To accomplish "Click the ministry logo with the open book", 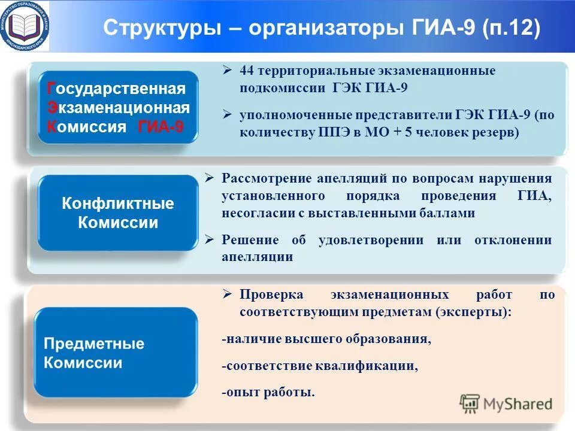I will (x=25, y=25).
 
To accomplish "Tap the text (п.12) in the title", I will (x=510, y=28).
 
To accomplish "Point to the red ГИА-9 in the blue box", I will (x=160, y=127).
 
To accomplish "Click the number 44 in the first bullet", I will (x=247, y=71).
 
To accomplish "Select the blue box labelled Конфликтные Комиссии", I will (x=117, y=213).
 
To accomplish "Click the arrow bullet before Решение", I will (x=209, y=240).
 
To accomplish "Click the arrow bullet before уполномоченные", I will (x=227, y=114).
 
